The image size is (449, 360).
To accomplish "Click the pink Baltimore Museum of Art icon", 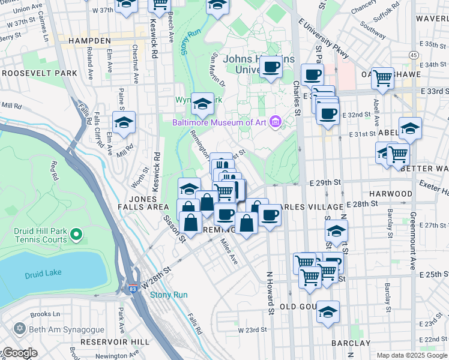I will point(276,122).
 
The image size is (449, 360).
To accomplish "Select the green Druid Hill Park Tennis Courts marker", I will point(76,233).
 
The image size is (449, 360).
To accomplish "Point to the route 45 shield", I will point(414,55).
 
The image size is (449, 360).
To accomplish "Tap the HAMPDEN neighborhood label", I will point(89,40).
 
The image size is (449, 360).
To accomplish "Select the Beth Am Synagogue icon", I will point(19,329).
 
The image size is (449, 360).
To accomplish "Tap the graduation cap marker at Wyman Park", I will point(202,105).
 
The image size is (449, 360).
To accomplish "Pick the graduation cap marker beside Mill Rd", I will point(124,123).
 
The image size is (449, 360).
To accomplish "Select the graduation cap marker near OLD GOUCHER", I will point(328,312).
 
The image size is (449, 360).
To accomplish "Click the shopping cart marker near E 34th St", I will point(382,77).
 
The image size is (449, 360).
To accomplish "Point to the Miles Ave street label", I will point(229,253).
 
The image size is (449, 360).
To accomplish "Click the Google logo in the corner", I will point(19,353).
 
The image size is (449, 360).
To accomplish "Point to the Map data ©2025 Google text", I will point(411,355).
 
